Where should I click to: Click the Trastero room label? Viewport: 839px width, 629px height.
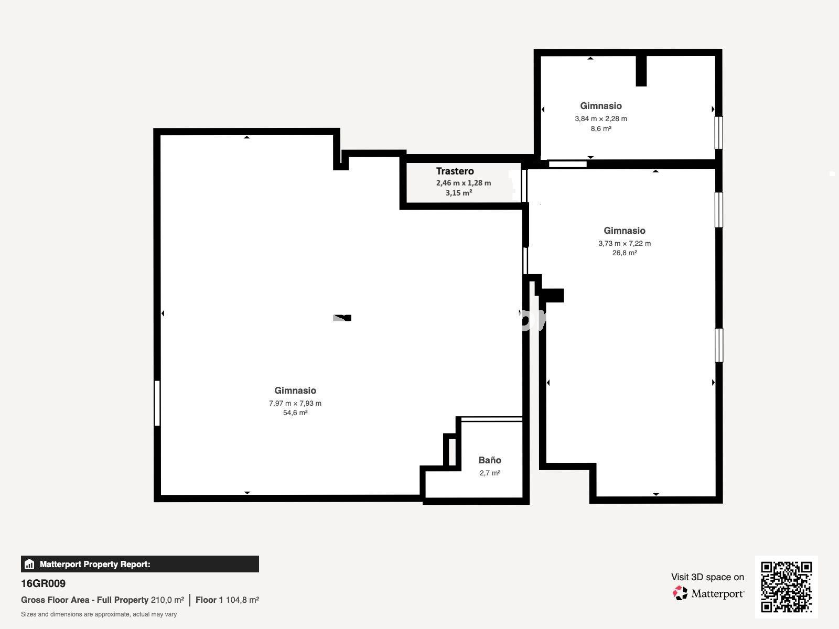coord(455,171)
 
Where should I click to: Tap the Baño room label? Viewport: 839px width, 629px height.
coord(490,460)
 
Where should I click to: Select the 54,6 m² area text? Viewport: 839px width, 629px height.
coord(295,413)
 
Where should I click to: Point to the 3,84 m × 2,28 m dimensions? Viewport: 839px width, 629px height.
coord(601,119)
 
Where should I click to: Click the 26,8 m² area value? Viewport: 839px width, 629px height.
coord(625,253)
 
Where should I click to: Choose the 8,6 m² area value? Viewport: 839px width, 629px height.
coord(601,129)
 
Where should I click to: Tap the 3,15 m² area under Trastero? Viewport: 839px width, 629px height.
coord(459,193)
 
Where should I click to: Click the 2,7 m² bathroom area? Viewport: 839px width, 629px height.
coord(490,473)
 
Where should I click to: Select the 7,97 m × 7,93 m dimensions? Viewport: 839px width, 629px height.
coord(295,403)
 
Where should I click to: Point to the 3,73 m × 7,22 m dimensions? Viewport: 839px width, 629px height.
coord(625,243)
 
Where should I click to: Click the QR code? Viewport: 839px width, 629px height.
coord(786,587)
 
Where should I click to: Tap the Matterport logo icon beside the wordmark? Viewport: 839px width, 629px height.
coord(680,593)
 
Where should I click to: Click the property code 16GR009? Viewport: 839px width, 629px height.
coord(43,583)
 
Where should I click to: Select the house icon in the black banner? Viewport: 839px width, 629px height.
coord(29,564)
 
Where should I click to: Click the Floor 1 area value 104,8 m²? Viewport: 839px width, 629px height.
coord(242,600)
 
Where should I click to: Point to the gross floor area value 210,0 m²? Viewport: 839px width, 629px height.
coord(167,600)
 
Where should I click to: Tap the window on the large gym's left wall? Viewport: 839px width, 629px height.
coord(157,403)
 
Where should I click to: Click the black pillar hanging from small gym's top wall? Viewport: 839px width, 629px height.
coord(641,71)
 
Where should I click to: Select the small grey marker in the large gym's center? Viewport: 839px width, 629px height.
coord(342,318)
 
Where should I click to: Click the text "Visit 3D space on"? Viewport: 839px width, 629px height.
coord(707,577)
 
